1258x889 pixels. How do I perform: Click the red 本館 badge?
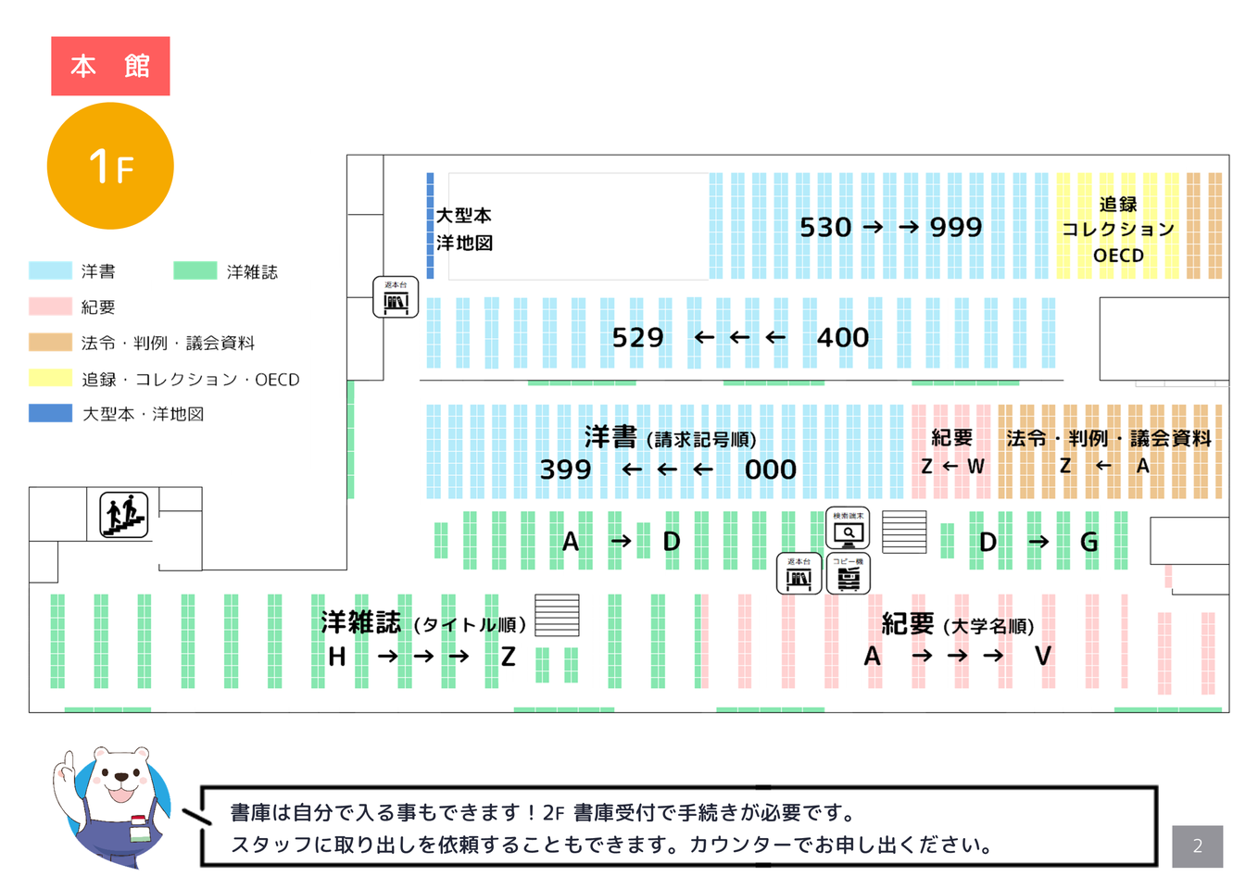pos(110,66)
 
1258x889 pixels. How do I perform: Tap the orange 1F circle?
pos(110,166)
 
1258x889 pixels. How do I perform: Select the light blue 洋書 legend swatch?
pos(50,270)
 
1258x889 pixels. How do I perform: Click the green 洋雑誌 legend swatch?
pos(195,270)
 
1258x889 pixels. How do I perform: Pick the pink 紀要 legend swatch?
pos(50,307)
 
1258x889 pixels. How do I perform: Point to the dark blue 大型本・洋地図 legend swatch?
pos(50,413)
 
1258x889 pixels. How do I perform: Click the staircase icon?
pos(124,515)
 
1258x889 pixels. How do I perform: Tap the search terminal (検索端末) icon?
pos(848,530)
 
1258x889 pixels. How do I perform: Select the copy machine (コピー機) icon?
pos(848,575)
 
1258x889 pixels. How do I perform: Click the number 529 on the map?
pos(637,337)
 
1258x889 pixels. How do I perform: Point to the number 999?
pos(956,227)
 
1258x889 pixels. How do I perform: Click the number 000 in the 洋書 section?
pos(770,470)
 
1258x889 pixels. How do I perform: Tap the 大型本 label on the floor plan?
pos(463,216)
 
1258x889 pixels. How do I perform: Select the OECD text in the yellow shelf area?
pos(1118,256)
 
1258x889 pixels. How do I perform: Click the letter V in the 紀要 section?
pos(1043,657)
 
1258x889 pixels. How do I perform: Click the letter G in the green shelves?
pos(1089,542)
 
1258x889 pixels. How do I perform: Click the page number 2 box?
pos(1197,845)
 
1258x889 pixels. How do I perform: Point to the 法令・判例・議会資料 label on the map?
pos(1109,439)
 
